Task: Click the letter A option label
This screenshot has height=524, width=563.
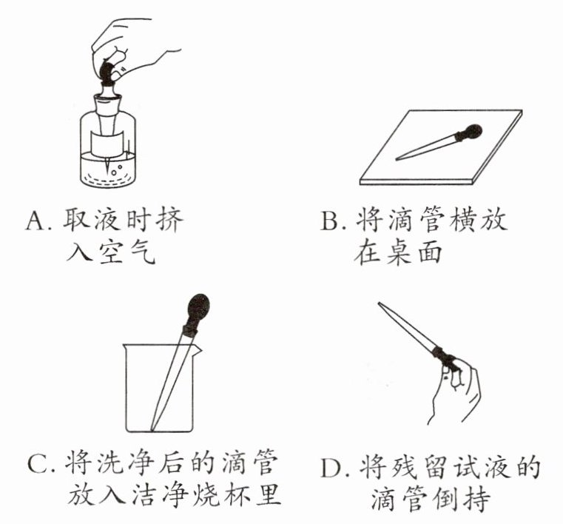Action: tap(36, 220)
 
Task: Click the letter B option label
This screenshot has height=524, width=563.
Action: tap(331, 220)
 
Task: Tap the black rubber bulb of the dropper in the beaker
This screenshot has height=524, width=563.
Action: tap(198, 308)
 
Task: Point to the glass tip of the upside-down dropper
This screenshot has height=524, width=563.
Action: tap(380, 305)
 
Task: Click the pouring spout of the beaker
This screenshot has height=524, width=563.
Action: tap(198, 349)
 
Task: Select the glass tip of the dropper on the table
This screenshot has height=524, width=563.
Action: tap(399, 158)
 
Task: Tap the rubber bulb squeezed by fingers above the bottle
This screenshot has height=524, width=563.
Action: tap(107, 70)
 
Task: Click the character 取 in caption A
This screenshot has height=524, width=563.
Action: tap(76, 220)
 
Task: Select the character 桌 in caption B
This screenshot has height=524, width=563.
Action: tap(398, 252)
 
